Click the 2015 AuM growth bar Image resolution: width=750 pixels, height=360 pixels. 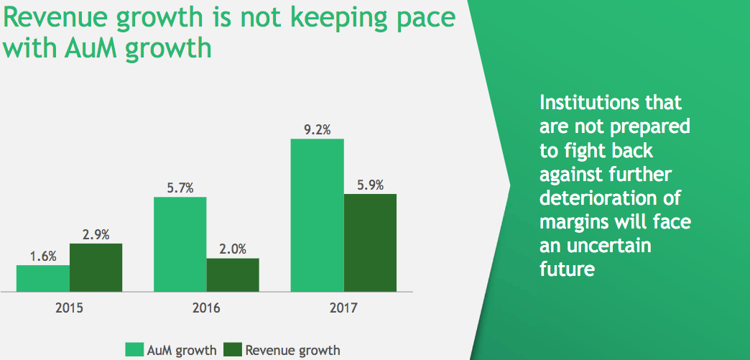(x=43, y=278)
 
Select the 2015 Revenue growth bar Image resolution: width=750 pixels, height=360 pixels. (x=96, y=267)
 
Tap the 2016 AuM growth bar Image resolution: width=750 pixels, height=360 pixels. (x=180, y=244)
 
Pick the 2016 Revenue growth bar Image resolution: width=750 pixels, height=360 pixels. (x=233, y=274)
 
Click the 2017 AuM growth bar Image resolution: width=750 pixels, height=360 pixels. (x=317, y=215)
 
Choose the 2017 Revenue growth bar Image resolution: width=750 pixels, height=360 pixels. (x=369, y=242)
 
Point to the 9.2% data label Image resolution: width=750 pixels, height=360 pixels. (x=317, y=130)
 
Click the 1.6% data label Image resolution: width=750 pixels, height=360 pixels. (x=43, y=257)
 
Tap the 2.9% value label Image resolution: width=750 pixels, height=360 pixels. (x=96, y=235)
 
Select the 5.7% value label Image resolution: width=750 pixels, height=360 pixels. (x=180, y=188)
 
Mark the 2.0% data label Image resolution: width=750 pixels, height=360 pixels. (x=233, y=249)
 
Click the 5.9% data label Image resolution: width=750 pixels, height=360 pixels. (x=369, y=185)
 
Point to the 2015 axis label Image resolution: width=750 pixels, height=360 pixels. (x=70, y=309)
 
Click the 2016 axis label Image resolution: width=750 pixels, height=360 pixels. (x=206, y=309)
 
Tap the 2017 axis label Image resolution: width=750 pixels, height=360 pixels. (x=343, y=309)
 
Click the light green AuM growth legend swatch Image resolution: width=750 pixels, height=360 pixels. (x=134, y=350)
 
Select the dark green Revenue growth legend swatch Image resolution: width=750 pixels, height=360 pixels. (x=233, y=350)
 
